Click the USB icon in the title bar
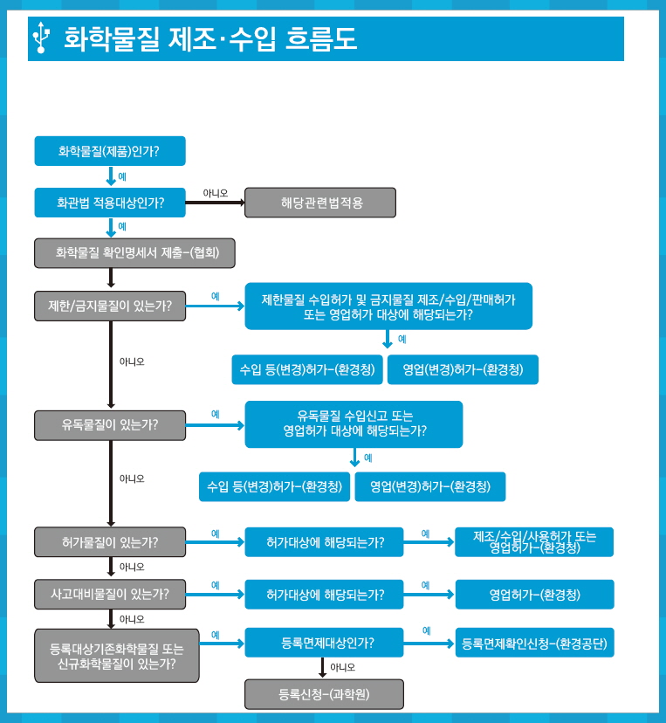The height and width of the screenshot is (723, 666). click(41, 38)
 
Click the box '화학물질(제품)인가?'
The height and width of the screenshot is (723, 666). click(110, 151)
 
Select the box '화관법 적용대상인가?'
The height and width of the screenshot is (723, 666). click(110, 203)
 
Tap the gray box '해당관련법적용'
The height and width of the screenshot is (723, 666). click(320, 203)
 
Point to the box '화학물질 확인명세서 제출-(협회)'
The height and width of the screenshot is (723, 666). click(134, 252)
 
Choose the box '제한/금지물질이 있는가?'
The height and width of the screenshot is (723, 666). click(110, 306)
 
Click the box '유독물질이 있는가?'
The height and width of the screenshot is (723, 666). click(110, 425)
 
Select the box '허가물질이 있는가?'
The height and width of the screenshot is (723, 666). click(110, 541)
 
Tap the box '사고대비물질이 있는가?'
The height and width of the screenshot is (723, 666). click(110, 595)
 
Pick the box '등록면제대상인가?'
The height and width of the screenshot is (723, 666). click(324, 643)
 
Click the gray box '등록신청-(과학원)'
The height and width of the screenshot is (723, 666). click(324, 694)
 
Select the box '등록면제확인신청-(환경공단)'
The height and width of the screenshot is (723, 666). click(535, 643)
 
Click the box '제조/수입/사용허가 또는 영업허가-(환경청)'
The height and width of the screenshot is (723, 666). click(534, 541)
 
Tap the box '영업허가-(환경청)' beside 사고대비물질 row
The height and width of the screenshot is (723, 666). click(535, 595)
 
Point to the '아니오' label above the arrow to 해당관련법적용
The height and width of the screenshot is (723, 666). click(216, 193)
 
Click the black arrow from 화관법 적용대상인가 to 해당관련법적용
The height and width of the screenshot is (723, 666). click(216, 203)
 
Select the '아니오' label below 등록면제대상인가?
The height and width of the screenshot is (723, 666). click(342, 667)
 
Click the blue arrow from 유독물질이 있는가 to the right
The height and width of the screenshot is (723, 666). click(216, 425)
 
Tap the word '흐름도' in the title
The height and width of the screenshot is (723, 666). click(321, 38)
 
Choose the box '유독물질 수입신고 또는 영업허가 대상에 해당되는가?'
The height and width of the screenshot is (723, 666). click(354, 424)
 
